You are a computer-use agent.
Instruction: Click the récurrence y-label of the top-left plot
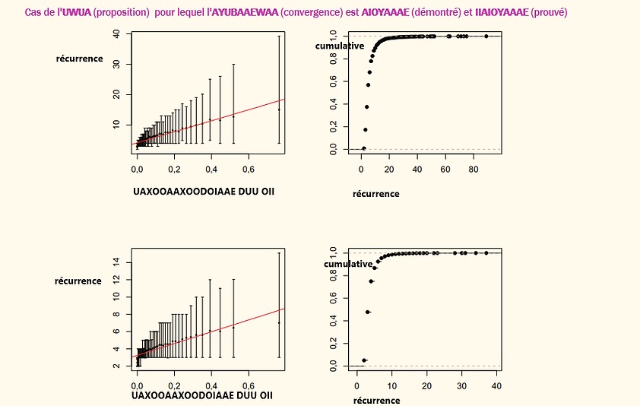point(79,59)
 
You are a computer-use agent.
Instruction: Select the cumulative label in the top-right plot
point(340,46)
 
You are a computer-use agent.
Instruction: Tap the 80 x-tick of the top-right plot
point(473,167)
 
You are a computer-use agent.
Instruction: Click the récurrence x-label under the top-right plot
point(375,194)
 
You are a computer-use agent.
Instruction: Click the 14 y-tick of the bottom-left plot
point(116,261)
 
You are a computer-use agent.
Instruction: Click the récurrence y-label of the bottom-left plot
point(78,281)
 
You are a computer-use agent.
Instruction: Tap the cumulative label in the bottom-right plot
point(348,264)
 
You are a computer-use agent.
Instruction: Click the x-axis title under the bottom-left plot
point(203,395)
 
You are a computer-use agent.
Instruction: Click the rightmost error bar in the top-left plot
point(279,89)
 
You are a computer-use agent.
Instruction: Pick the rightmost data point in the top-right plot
point(486,36)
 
